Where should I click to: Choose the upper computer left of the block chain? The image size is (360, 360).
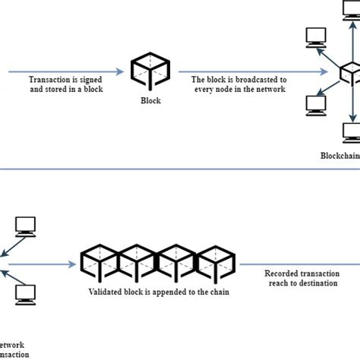[x=24, y=226]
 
